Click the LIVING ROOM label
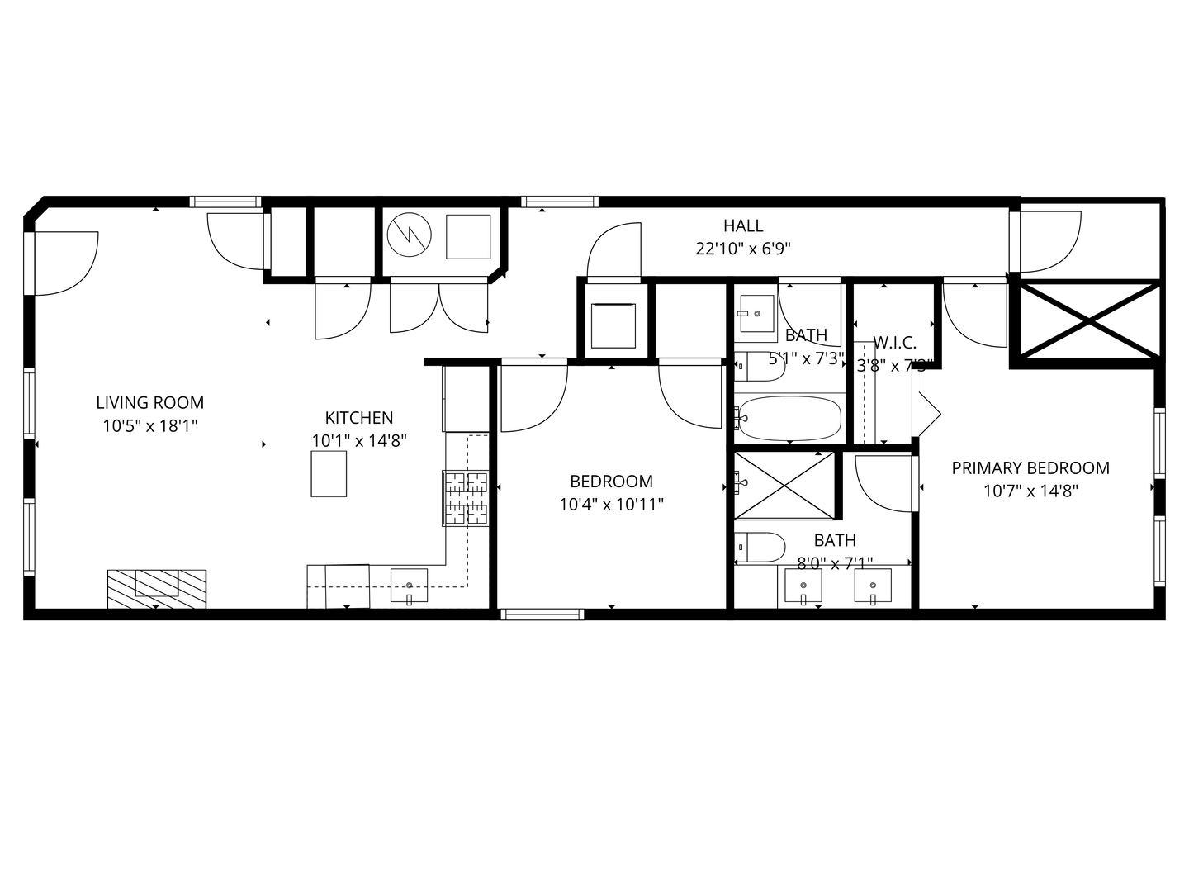(x=149, y=403)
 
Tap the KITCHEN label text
(x=358, y=418)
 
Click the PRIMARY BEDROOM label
(x=1030, y=468)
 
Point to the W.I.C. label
(x=894, y=343)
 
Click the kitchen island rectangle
(x=329, y=474)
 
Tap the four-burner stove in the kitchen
(x=467, y=498)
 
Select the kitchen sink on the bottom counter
(x=409, y=586)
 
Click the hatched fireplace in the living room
(x=156, y=588)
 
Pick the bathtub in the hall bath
(x=789, y=418)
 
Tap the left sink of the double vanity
(x=802, y=588)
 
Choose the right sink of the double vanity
(x=872, y=588)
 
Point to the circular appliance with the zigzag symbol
(x=409, y=235)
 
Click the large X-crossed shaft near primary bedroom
(x=1086, y=320)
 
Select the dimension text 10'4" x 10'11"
(x=611, y=504)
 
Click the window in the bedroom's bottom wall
(x=542, y=614)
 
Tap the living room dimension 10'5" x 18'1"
(x=149, y=426)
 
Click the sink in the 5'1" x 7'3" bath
(x=756, y=313)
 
